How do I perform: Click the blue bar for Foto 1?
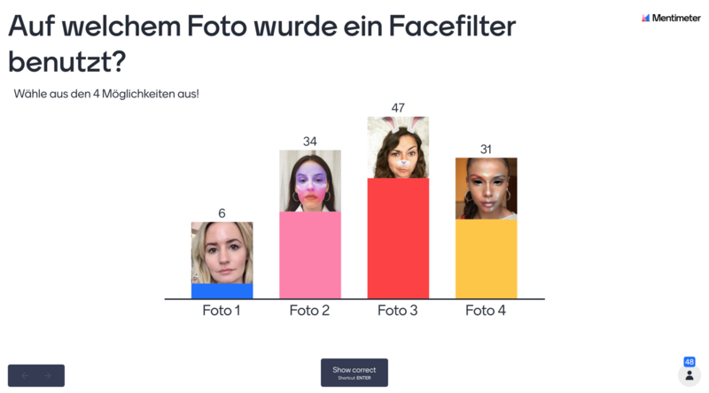[x=222, y=291]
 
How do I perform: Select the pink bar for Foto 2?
[x=310, y=255]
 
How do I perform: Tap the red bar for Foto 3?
[x=398, y=238]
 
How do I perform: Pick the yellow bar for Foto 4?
[x=486, y=258]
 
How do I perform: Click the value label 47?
[x=398, y=108]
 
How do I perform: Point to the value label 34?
[x=310, y=141]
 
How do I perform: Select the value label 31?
[x=486, y=150]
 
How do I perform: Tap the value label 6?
[x=222, y=213]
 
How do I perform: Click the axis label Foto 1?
[x=222, y=311]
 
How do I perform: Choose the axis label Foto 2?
[x=310, y=311]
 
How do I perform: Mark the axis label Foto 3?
[x=398, y=311]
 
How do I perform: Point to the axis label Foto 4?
[x=486, y=311]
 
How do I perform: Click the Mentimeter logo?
[x=671, y=18]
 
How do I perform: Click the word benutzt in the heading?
[x=58, y=63]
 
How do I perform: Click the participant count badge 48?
[x=690, y=362]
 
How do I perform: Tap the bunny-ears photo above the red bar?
[x=398, y=147]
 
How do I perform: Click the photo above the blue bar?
[x=222, y=252]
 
